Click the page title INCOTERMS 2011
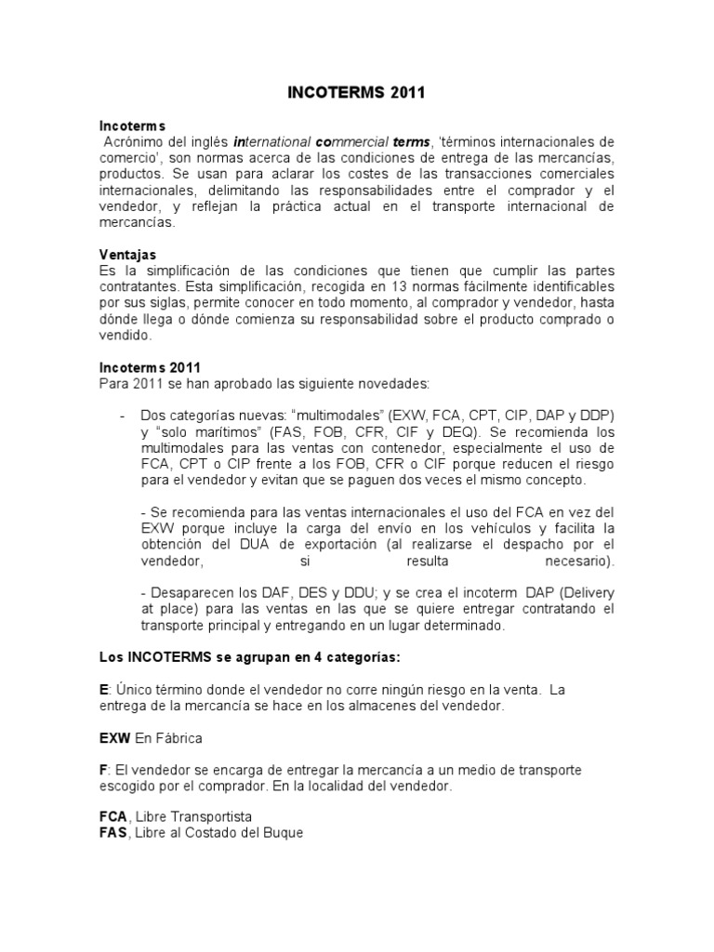coord(356,93)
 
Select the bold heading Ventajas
coord(127,254)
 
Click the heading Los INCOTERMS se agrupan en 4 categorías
coord(249,656)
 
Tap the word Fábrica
coord(179,737)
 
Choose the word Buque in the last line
coord(280,832)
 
